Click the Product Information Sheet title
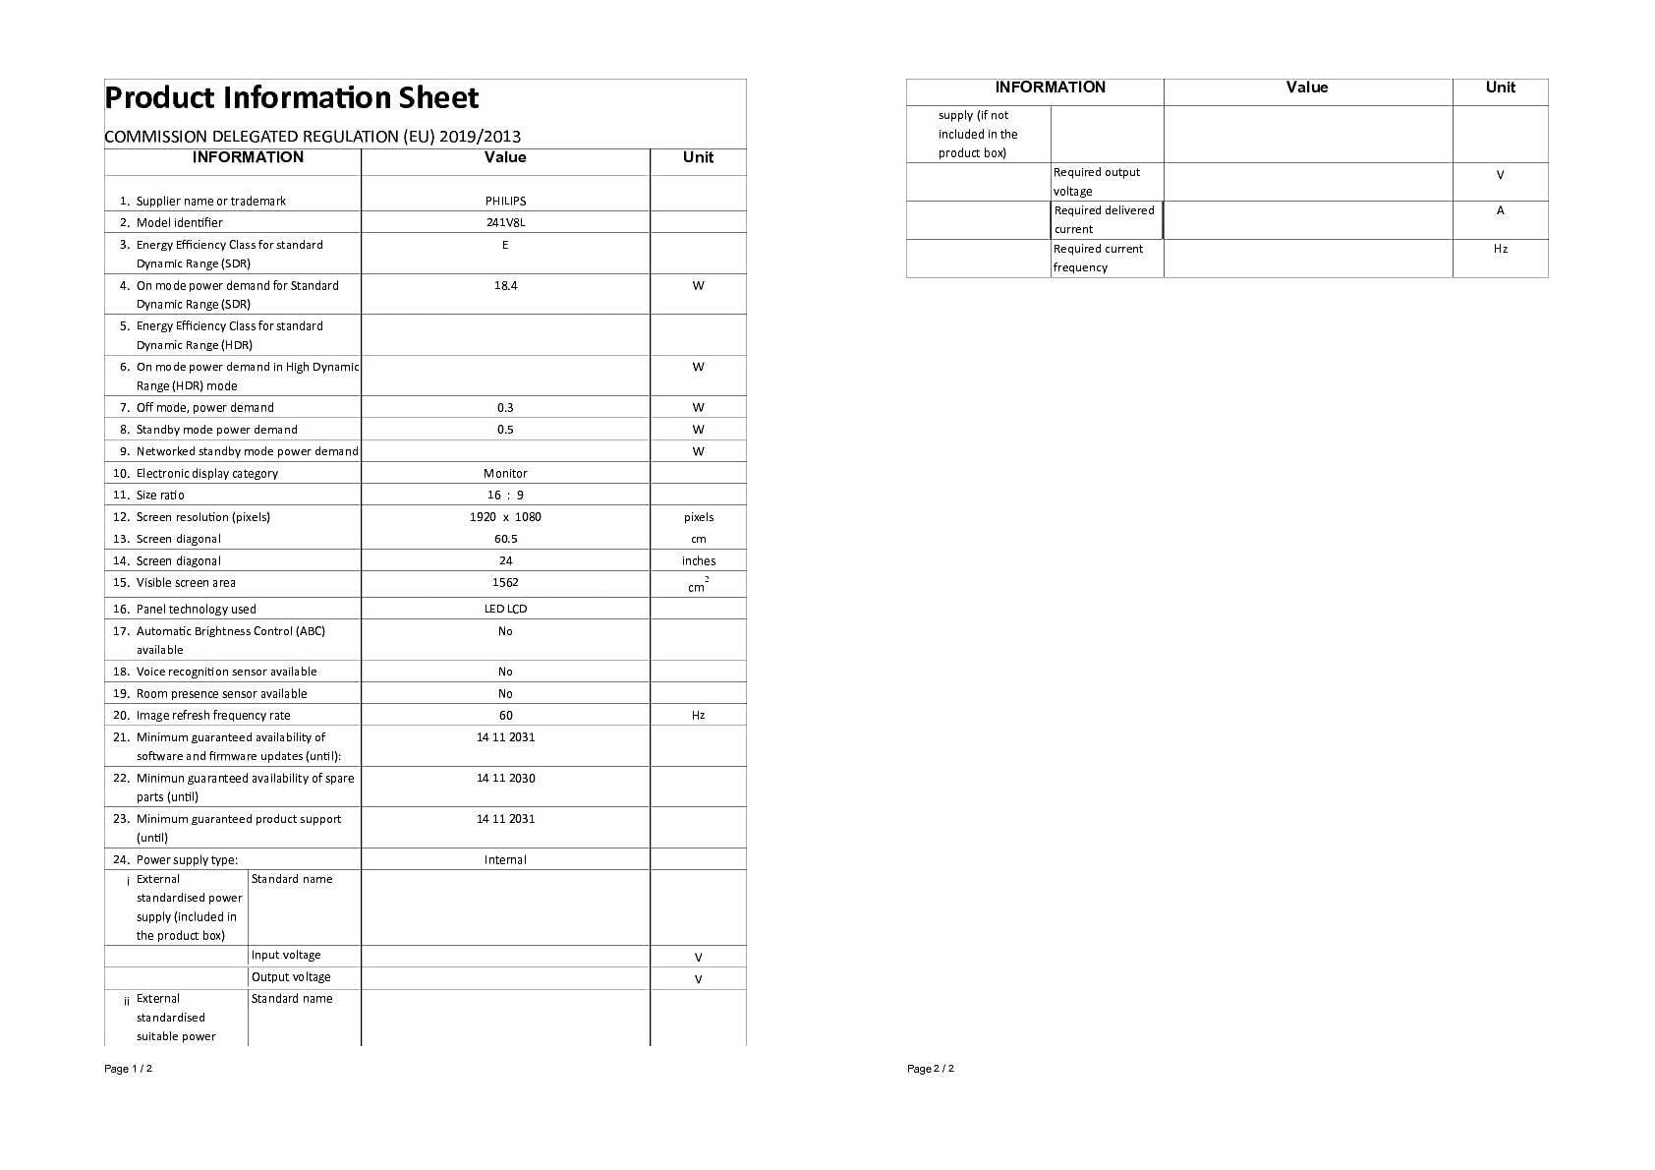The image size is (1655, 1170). click(x=291, y=98)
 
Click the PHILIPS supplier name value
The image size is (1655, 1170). click(x=505, y=201)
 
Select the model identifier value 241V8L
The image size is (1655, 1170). click(x=505, y=222)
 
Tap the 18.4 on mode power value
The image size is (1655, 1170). click(x=505, y=286)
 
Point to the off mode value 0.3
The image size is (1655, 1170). click(x=505, y=407)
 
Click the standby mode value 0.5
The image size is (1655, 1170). click(x=505, y=430)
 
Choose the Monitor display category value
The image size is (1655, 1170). click(x=505, y=473)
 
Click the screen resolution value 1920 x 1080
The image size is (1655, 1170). click(x=505, y=517)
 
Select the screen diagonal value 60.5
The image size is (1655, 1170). click(x=505, y=539)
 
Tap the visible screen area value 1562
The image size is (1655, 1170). click(x=505, y=582)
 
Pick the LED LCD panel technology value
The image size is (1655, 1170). click(x=505, y=609)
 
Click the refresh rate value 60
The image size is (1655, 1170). click(x=505, y=716)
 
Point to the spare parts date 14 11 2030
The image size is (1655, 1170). click(x=505, y=778)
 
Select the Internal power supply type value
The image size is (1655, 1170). click(x=505, y=859)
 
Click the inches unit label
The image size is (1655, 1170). click(x=699, y=561)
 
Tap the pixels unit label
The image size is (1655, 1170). click(x=699, y=517)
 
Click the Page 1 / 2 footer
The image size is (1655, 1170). click(x=128, y=1069)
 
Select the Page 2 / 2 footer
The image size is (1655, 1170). click(x=930, y=1069)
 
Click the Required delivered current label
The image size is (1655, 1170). click(x=1104, y=219)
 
